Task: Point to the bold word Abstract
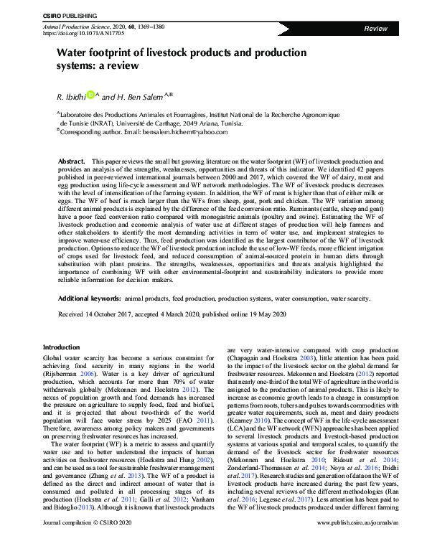pyautogui.click(x=71, y=162)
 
